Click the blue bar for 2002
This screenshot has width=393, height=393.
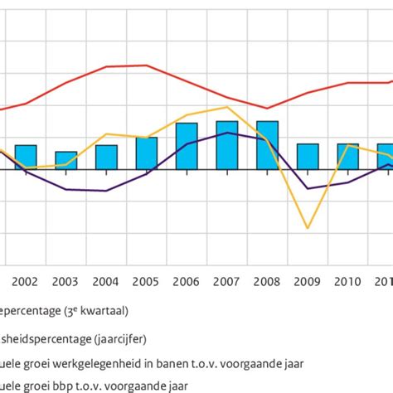pos(26,157)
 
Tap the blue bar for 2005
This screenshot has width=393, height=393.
pos(147,153)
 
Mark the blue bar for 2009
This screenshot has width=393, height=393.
pos(308,157)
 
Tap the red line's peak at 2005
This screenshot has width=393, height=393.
pos(147,65)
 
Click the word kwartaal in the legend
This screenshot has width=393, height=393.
pos(117,311)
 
